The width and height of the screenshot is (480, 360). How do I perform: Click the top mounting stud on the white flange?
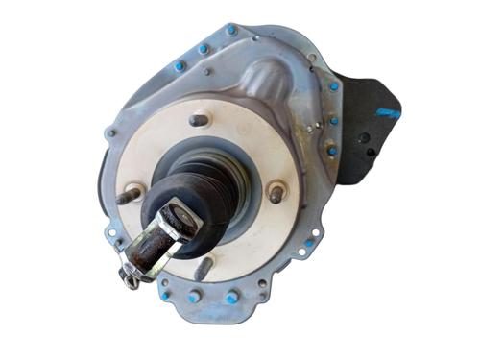[x=198, y=121]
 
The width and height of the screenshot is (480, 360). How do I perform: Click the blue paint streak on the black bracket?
[x=388, y=112]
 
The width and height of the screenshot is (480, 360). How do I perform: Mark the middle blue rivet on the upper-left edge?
[x=204, y=48]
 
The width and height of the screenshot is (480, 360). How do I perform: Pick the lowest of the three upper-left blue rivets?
[x=179, y=66]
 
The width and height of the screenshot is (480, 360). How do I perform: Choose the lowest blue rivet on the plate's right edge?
[x=330, y=151]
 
